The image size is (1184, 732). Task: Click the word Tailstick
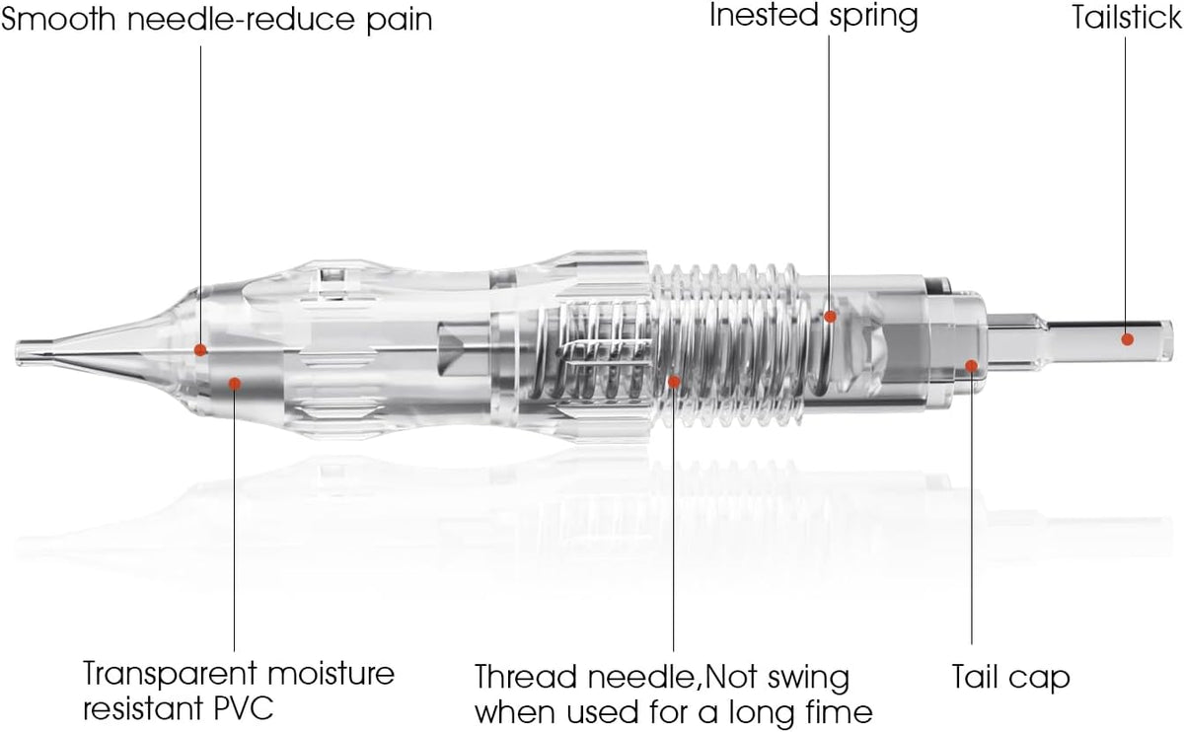click(x=1127, y=18)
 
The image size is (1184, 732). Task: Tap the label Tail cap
click(x=1010, y=678)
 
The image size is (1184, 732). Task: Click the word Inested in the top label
click(x=765, y=16)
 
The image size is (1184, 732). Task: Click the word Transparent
click(x=170, y=675)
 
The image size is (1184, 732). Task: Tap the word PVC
click(x=244, y=708)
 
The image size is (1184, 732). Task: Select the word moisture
click(x=331, y=673)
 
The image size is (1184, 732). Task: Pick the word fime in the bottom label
click(x=840, y=712)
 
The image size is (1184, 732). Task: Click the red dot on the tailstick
click(x=1128, y=339)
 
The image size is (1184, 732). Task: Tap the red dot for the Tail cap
click(x=971, y=366)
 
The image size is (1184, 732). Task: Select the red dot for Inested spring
click(x=831, y=317)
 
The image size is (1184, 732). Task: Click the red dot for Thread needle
click(x=674, y=382)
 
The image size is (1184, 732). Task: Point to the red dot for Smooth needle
click(x=200, y=349)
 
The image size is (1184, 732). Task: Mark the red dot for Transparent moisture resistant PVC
click(x=235, y=384)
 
